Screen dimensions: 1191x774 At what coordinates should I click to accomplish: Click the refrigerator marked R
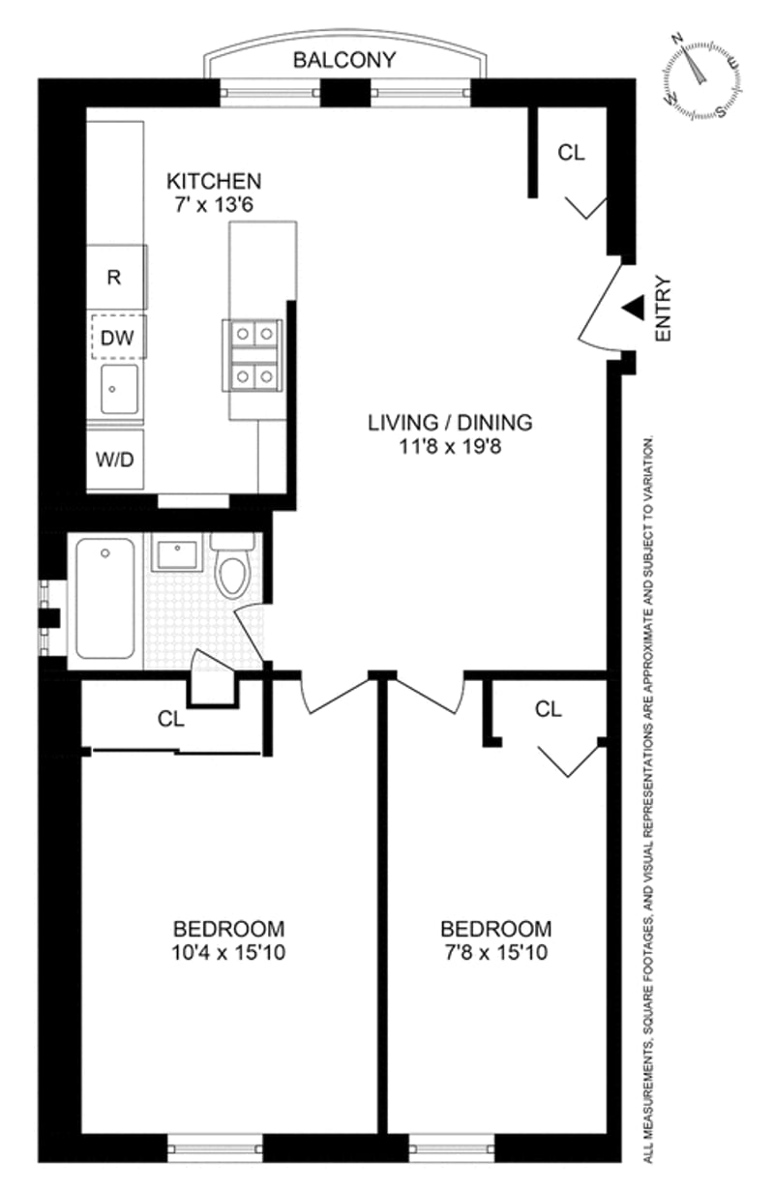click(x=114, y=277)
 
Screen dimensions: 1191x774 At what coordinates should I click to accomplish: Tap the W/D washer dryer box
click(x=114, y=459)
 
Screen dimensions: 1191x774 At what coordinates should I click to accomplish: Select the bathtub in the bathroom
click(x=105, y=601)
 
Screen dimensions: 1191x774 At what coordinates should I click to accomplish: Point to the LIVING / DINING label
click(x=450, y=422)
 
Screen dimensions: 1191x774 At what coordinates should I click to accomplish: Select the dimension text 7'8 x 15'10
click(x=498, y=952)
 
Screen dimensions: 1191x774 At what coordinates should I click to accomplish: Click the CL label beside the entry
click(x=572, y=152)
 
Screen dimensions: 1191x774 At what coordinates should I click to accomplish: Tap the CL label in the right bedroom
click(x=548, y=709)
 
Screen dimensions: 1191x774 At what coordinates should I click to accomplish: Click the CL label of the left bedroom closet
click(x=171, y=719)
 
